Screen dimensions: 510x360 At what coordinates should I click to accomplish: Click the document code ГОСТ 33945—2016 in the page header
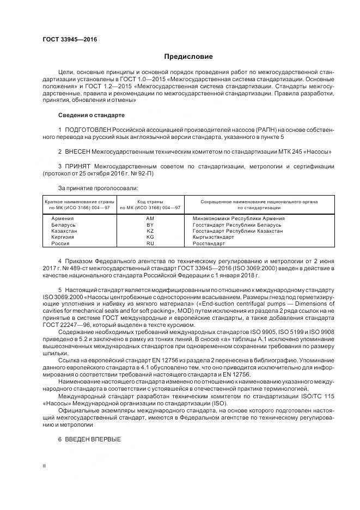click(66, 40)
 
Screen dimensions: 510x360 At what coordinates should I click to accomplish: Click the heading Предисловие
click(188, 57)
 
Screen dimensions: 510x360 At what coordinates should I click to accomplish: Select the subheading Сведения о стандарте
click(91, 116)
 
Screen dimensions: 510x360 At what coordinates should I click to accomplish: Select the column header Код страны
click(150, 202)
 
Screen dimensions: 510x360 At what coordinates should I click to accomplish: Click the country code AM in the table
click(150, 218)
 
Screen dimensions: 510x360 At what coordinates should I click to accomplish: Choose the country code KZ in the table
click(150, 231)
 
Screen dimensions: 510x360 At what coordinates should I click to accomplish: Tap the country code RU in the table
click(150, 244)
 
